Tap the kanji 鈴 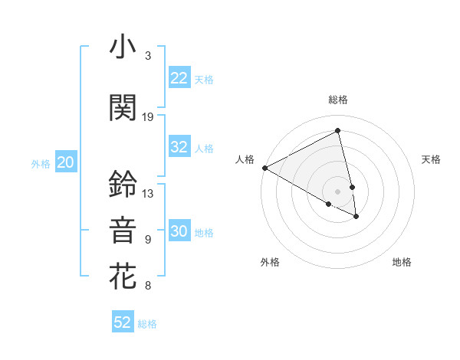(123, 184)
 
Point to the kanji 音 (123, 231)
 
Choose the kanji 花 (123, 277)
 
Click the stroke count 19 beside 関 (148, 117)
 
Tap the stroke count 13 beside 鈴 (148, 194)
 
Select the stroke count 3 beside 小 (148, 56)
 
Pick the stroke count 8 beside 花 (148, 286)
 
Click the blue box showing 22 (179, 78)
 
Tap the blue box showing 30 (179, 231)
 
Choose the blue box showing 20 (66, 162)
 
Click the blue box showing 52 (123, 322)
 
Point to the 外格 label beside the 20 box (41, 163)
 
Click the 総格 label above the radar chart (338, 100)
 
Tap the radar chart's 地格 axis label (402, 262)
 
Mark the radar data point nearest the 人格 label (264, 167)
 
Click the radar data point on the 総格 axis (338, 131)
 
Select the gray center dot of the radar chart (338, 190)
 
